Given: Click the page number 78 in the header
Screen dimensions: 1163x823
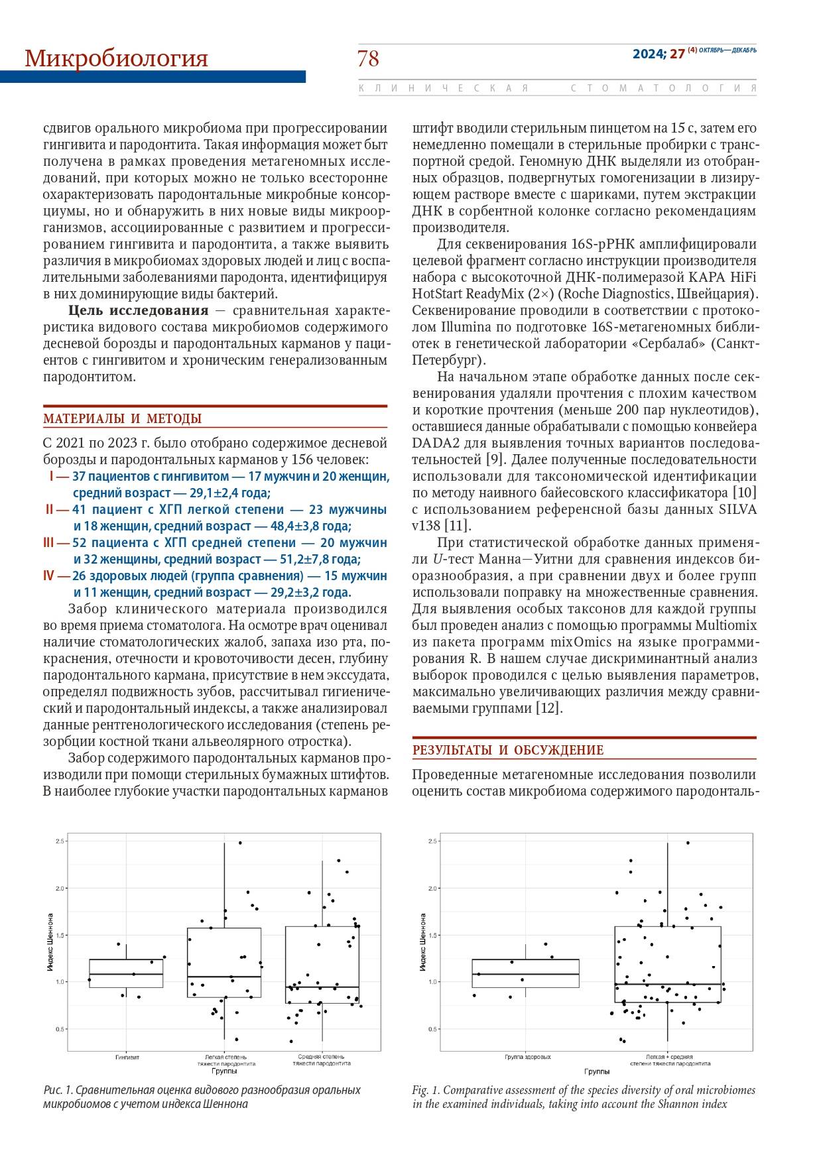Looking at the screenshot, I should point(368,59).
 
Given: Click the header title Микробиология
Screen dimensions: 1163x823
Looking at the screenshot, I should point(116,59).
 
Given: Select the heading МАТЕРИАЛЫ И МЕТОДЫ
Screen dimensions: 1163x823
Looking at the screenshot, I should point(123,418).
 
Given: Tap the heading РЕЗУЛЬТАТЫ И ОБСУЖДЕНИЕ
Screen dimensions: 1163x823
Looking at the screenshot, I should point(508,750).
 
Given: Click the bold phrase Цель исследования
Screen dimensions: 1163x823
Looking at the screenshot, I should point(138,311).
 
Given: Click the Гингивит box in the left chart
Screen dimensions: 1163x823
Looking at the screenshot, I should point(126,973).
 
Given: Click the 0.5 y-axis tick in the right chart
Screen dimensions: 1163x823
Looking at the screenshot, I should point(434,1029).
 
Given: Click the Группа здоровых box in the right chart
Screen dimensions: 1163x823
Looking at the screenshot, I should point(525,973).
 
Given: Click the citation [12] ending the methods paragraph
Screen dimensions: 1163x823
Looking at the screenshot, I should point(549,708).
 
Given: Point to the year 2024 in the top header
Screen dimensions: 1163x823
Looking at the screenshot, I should point(649,54).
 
